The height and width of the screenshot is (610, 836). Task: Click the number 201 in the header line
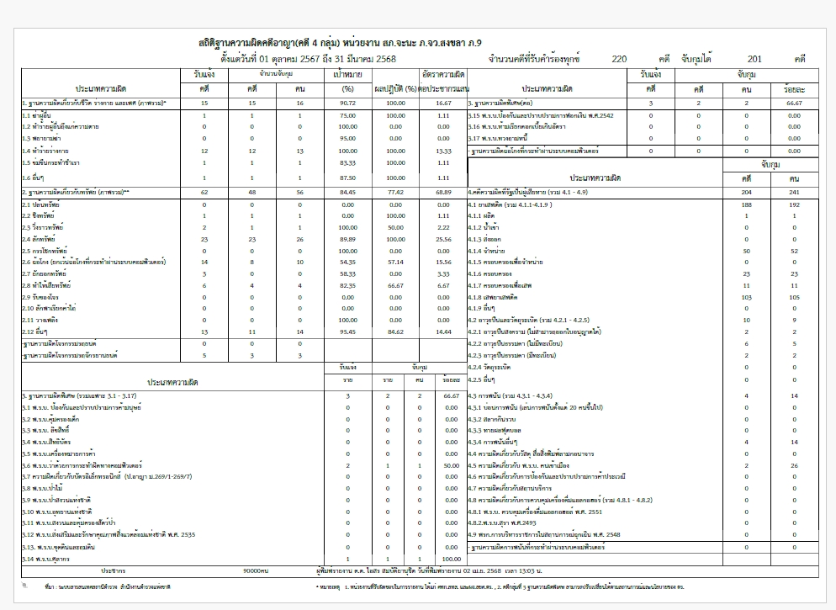point(754,59)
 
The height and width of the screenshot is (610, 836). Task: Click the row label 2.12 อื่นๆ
point(37,332)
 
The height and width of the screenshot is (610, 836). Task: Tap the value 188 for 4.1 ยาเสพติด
point(746,204)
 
